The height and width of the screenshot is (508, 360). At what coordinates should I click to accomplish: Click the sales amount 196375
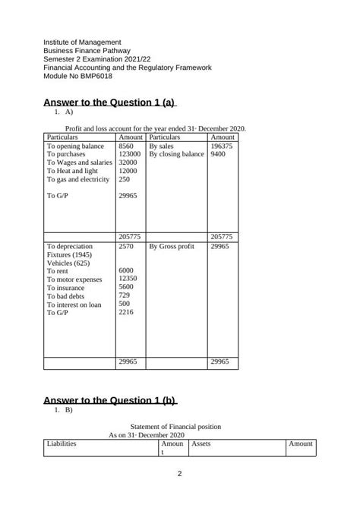[x=222, y=145]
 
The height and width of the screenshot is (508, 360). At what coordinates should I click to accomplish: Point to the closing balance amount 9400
[x=217, y=154]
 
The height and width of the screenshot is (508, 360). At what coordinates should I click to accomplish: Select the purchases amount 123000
[x=130, y=154]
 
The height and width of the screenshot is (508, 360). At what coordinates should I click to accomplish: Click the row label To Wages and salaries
[x=81, y=162]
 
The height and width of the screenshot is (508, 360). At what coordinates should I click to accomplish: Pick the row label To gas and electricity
[x=79, y=180]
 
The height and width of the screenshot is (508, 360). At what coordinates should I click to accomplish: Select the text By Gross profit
[x=172, y=247]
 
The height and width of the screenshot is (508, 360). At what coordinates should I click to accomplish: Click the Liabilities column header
[x=62, y=443]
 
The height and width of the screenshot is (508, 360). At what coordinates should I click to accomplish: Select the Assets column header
[x=201, y=443]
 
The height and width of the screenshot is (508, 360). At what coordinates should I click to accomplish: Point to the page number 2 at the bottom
[x=179, y=475]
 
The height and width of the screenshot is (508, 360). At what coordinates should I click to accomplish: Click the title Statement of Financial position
[x=179, y=427]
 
